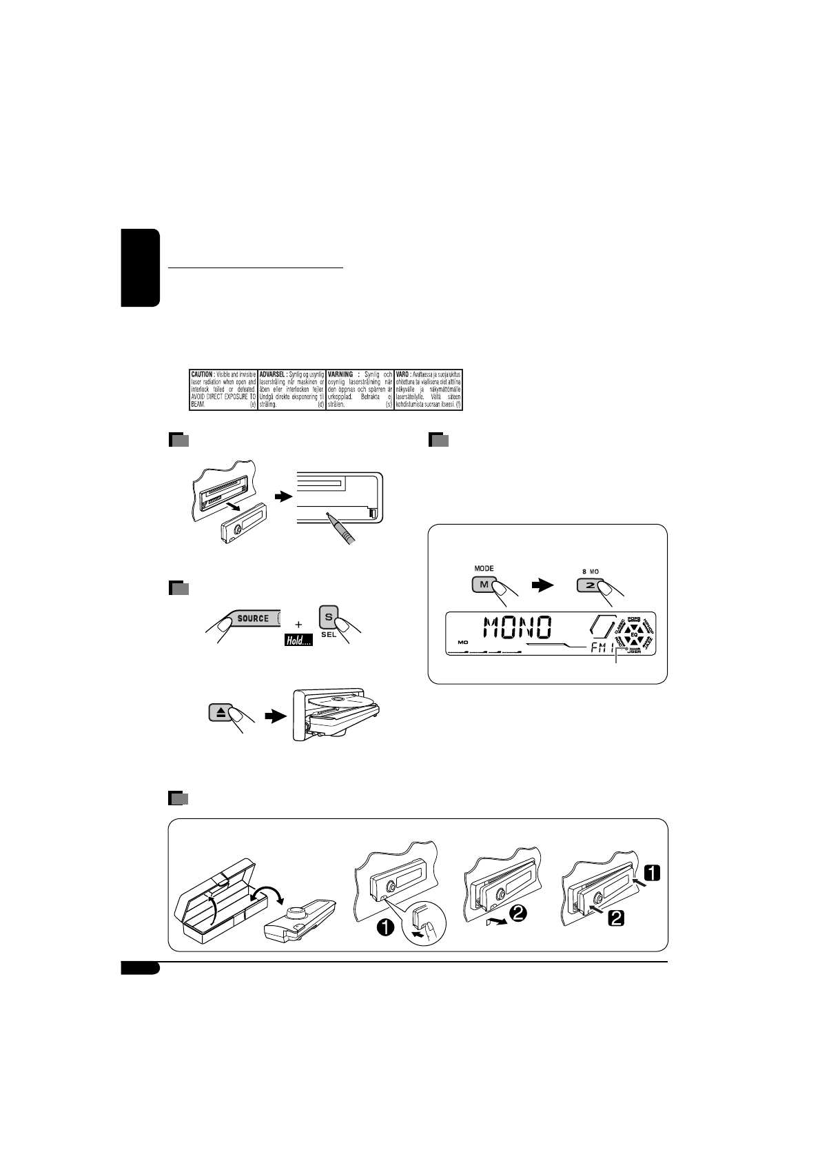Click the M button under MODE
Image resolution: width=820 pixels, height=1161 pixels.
482,585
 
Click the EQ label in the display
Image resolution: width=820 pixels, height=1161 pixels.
633,634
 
